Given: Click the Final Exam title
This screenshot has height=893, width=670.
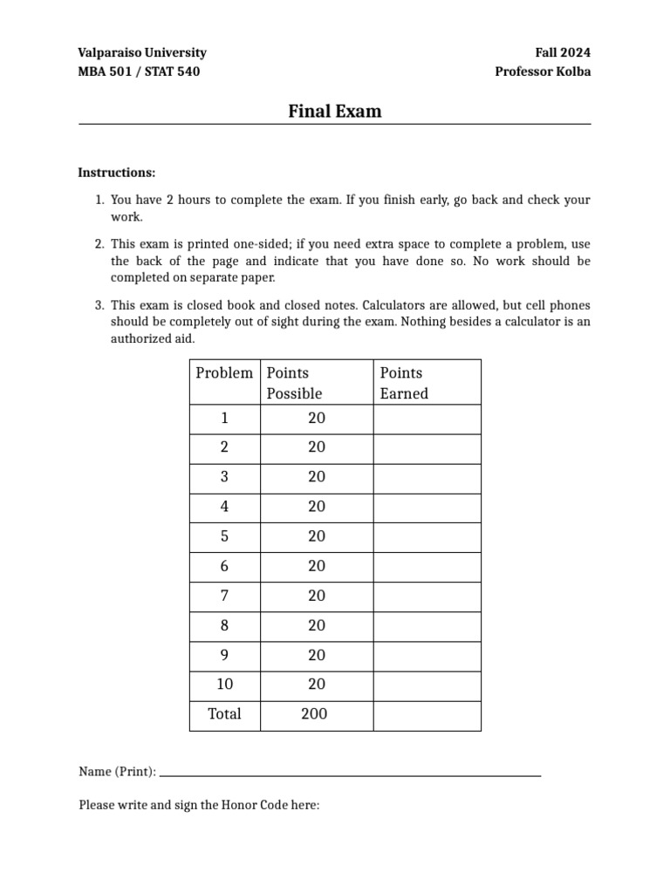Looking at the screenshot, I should click(335, 112).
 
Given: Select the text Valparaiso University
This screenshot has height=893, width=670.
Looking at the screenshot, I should click(142, 52).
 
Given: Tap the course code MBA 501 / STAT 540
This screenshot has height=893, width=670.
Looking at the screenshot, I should click(139, 72).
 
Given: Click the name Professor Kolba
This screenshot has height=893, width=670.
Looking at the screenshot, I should click(543, 72).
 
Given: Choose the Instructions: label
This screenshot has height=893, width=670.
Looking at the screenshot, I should click(117, 173).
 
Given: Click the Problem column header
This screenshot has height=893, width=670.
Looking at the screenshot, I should click(224, 373).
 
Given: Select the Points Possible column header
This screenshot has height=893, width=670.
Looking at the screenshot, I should click(294, 383).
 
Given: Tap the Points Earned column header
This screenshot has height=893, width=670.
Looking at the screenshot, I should click(404, 383).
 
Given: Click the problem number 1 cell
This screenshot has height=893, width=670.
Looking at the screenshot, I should click(224, 419).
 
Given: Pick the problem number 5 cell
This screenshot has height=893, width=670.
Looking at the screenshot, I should click(224, 537).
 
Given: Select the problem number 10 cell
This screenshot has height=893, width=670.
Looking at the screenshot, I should click(224, 685).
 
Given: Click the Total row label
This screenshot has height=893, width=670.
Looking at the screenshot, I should click(224, 714).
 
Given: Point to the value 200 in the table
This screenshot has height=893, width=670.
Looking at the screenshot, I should click(314, 714).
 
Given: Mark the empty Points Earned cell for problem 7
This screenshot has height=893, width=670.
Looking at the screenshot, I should click(427, 596).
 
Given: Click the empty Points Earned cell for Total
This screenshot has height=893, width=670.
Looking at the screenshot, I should click(427, 715).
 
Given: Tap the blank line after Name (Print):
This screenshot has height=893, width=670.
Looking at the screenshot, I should click(351, 772).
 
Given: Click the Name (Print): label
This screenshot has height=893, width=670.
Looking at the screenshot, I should click(118, 772).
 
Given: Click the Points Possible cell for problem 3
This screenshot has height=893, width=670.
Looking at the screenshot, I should click(316, 478).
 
